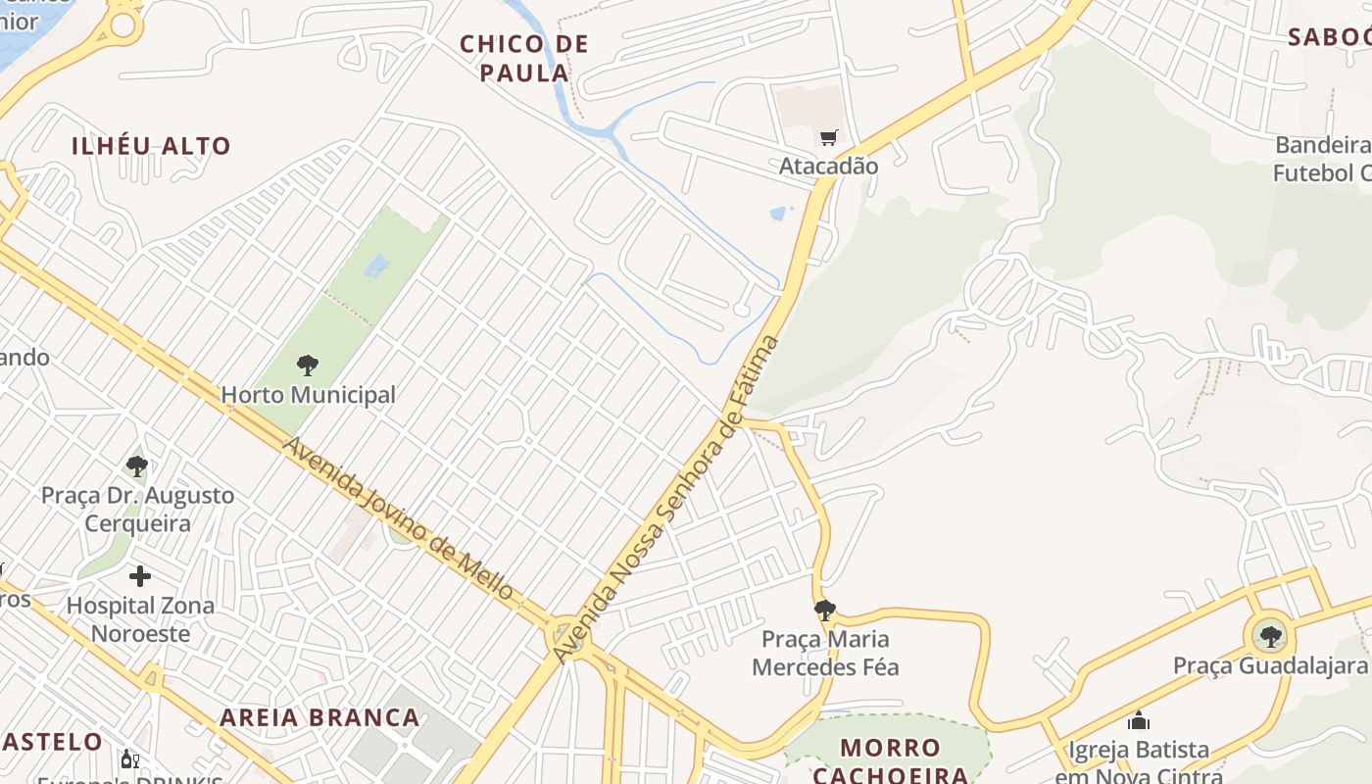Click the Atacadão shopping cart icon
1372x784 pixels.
[x=829, y=137]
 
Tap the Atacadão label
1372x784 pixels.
[x=828, y=166]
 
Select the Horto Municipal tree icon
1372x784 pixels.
[x=308, y=366]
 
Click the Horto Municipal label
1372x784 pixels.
[x=308, y=395]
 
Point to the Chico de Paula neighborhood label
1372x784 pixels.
[x=524, y=58]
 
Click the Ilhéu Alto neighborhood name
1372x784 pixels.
[x=151, y=146]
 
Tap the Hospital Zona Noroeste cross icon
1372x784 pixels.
[x=140, y=575]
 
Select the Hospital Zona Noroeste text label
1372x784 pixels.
[x=140, y=619]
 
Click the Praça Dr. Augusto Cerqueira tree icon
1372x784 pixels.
[x=137, y=465]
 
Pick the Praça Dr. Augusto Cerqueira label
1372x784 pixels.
[x=137, y=509]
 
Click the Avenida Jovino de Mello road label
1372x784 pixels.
[x=398, y=518]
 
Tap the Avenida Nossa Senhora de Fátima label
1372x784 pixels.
[x=666, y=499]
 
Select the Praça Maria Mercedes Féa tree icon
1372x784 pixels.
[x=825, y=611]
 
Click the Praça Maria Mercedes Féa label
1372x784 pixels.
[x=825, y=654]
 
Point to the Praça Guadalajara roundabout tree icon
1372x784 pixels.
[x=1271, y=637]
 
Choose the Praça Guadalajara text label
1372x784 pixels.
[x=1270, y=666]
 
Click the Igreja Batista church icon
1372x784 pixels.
[x=1139, y=721]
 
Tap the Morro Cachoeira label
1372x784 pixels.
[x=890, y=761]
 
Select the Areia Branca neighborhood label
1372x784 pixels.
[x=319, y=717]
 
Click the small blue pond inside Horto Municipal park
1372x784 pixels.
[x=376, y=264]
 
